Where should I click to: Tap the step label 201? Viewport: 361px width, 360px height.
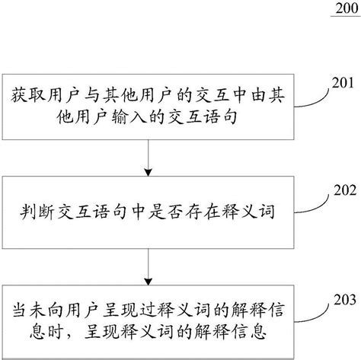point(343,83)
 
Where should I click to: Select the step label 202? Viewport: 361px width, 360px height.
point(345,190)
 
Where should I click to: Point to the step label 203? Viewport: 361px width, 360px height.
point(345,300)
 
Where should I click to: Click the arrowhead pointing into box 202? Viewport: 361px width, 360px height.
point(148,172)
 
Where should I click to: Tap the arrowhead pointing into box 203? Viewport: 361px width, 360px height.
point(148,282)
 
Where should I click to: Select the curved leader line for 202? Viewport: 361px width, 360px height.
point(314,207)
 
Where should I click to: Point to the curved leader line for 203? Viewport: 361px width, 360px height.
point(314,316)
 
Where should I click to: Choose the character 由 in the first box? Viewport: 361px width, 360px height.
point(258,96)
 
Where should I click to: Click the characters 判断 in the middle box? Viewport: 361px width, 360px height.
point(37,212)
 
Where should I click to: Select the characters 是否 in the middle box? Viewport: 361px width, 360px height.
point(165,212)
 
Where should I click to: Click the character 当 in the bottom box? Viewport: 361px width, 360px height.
point(21,310)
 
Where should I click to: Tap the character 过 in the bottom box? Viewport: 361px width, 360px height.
point(148,310)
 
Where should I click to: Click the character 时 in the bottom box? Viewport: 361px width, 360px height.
point(56,331)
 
